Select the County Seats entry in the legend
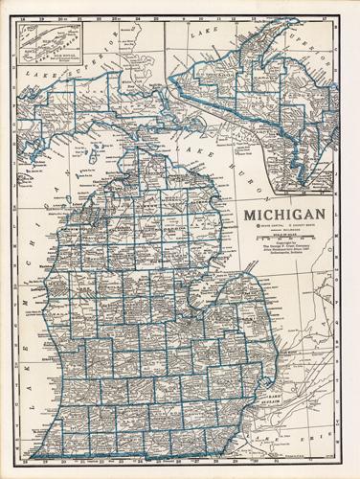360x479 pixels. (x=297, y=226)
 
